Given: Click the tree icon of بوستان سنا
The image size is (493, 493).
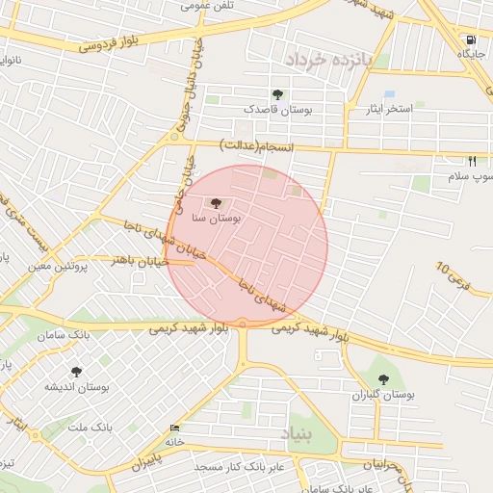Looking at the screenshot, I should [x=214, y=203].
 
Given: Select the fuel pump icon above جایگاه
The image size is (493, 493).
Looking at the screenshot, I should [x=470, y=39].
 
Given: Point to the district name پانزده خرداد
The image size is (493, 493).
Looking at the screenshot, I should [x=326, y=60].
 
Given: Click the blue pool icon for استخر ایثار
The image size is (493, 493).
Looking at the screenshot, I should [x=389, y=94].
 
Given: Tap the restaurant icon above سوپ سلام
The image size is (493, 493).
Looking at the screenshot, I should [x=472, y=162].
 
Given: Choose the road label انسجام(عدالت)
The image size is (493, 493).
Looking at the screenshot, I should [x=256, y=146].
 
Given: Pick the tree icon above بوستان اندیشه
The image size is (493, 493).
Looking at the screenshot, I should [x=75, y=370].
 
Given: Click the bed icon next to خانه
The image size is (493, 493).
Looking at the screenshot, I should [x=173, y=428].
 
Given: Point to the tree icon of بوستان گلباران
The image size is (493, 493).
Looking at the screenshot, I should [x=384, y=379].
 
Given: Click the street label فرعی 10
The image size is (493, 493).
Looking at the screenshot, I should [x=455, y=279].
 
